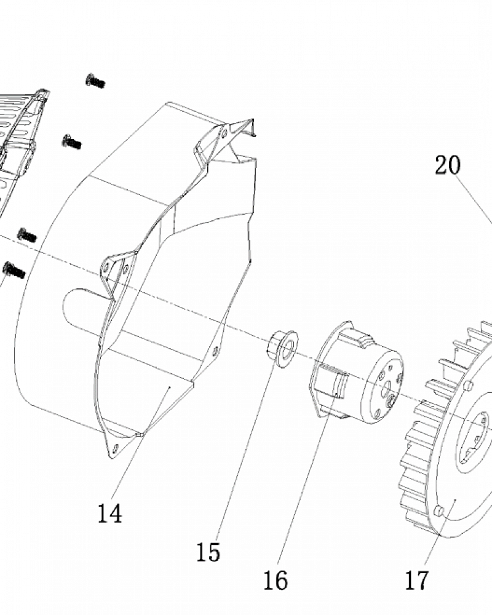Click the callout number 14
point(109,513)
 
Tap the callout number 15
point(208,552)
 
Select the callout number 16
point(275,580)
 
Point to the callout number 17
point(416,580)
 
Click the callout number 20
point(447,165)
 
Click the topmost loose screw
point(95,81)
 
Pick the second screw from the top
point(72,141)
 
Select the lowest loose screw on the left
point(14,270)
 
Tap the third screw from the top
point(27,235)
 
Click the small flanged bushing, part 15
point(282,349)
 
